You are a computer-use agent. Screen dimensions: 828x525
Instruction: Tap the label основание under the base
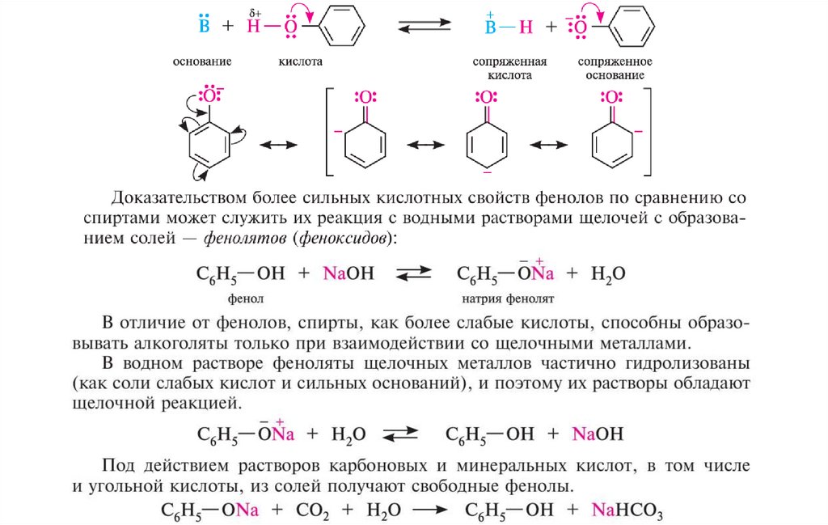click(x=202, y=61)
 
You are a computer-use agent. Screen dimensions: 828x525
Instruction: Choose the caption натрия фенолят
click(x=507, y=298)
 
